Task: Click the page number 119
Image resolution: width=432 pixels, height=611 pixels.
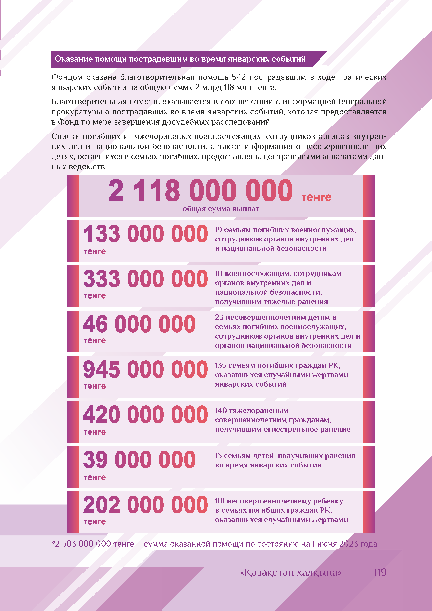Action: click(x=380, y=572)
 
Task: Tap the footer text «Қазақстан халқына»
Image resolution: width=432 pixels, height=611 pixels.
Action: click(x=290, y=572)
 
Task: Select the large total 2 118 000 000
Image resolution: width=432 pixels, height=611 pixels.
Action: click(x=200, y=191)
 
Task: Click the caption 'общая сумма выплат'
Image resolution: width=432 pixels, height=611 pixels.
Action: click(x=221, y=209)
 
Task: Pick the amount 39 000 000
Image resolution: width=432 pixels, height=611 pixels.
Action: click(x=139, y=460)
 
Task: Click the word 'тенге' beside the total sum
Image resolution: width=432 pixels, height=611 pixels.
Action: click(x=316, y=197)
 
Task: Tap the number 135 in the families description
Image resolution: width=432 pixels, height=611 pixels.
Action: click(x=221, y=365)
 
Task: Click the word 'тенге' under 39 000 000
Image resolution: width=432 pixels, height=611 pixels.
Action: click(x=95, y=477)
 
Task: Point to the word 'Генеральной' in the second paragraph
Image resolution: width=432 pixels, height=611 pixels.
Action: click(x=362, y=102)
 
